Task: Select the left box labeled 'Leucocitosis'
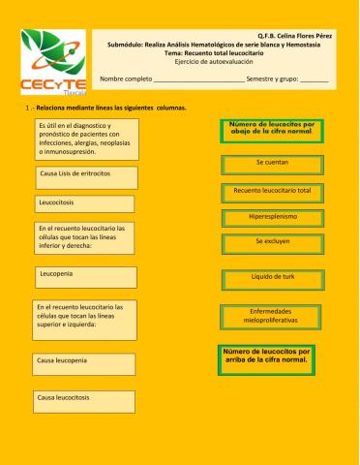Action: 84,203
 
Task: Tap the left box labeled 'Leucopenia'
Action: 84,277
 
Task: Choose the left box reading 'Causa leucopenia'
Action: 84,361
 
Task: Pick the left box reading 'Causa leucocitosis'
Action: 84,399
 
